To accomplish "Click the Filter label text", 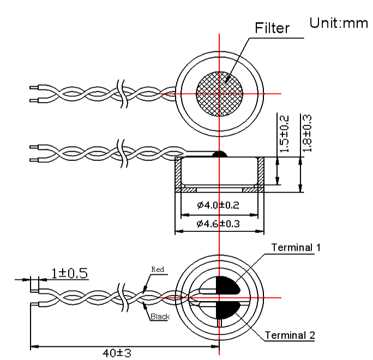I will coord(272,28).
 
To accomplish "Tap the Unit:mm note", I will coord(339,23).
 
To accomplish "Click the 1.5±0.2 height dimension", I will coord(283,134).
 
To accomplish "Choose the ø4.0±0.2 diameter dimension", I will coord(219,205).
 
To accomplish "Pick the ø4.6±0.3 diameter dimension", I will coord(219,224).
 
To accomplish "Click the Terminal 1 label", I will coord(296,247).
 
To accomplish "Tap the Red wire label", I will coord(158,269).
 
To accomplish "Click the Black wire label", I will coord(160,316).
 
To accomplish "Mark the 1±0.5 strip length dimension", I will coord(70,273).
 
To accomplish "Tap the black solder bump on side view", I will coord(219,154).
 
